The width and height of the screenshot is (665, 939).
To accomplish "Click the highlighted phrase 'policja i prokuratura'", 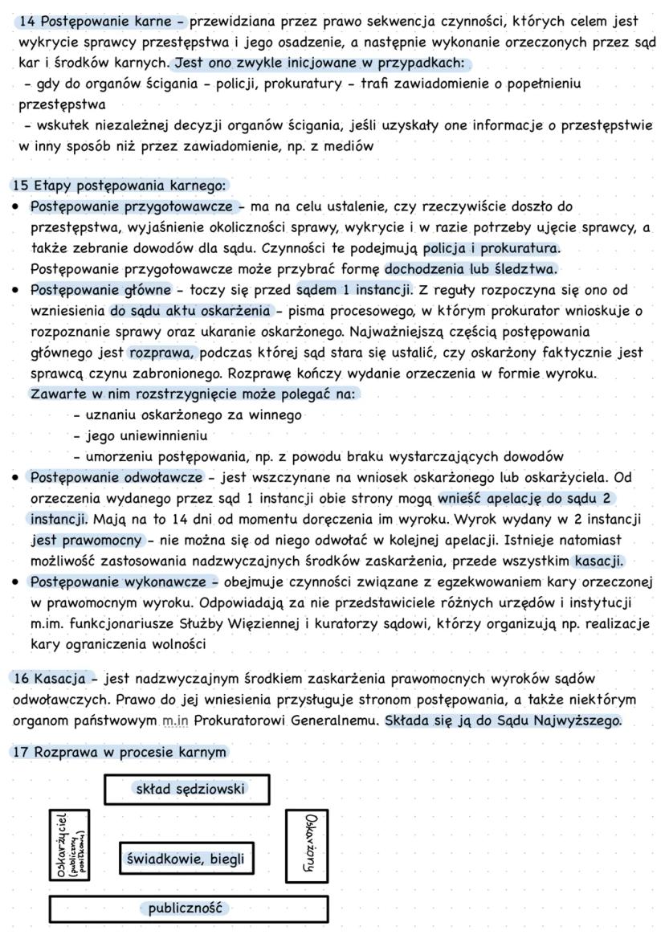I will coord(492,247).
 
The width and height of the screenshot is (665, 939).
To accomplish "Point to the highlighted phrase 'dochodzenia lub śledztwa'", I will coord(471,268).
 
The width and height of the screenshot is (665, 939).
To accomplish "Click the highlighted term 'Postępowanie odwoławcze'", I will coord(116,478).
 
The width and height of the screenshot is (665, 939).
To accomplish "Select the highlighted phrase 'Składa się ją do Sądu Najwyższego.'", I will coord(503,721).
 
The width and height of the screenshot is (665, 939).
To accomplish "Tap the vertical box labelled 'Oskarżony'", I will coord(306,846).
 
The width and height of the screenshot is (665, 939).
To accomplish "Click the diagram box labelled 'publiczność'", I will coord(188,908).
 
